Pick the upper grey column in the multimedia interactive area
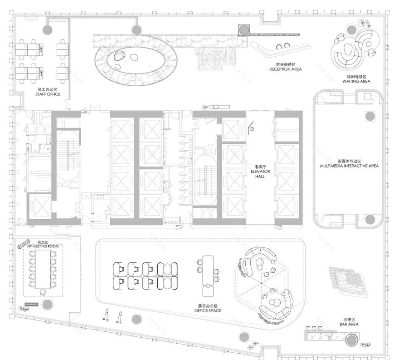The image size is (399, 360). tap(370, 115)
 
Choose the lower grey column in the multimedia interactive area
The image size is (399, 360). tap(370, 219)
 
